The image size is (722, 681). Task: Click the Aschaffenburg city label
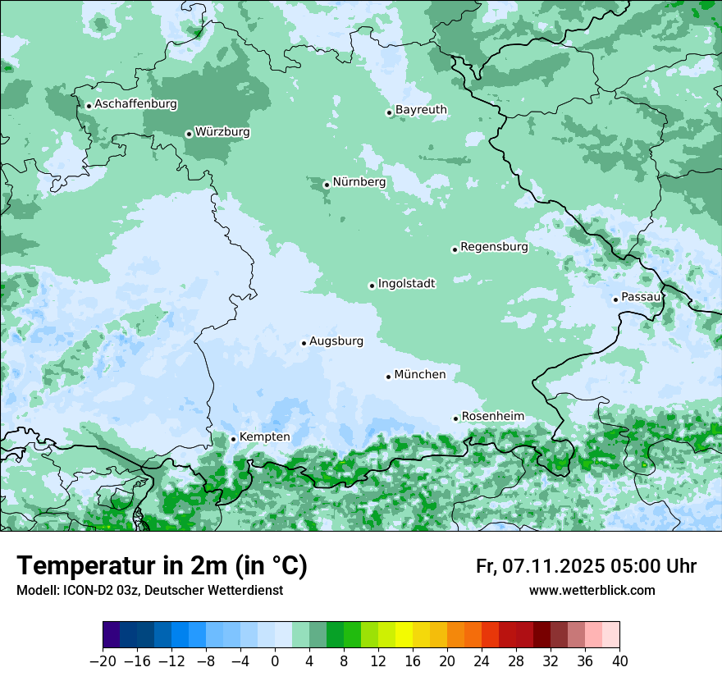[x=135, y=104]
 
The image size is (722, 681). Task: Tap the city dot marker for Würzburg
[x=189, y=134]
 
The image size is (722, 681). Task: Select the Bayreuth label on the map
[x=421, y=109]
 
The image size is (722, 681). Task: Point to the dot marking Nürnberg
[x=327, y=185]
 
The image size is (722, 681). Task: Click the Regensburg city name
[x=494, y=246]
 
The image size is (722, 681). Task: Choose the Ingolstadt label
[x=406, y=283]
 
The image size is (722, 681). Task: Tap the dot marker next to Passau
[x=615, y=299]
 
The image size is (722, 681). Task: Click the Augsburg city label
[x=336, y=340]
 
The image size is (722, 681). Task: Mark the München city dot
[x=388, y=377]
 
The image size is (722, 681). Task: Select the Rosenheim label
[x=492, y=416]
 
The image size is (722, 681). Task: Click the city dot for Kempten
[x=233, y=439]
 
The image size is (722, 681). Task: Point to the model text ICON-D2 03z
[x=98, y=591]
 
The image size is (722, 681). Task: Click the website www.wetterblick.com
[x=592, y=591]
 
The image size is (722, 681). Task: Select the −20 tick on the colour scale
[x=103, y=661]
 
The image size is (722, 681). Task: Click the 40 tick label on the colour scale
[x=619, y=661]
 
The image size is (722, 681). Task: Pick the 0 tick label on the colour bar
[x=275, y=661]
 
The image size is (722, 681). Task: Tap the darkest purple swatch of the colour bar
[x=112, y=635]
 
